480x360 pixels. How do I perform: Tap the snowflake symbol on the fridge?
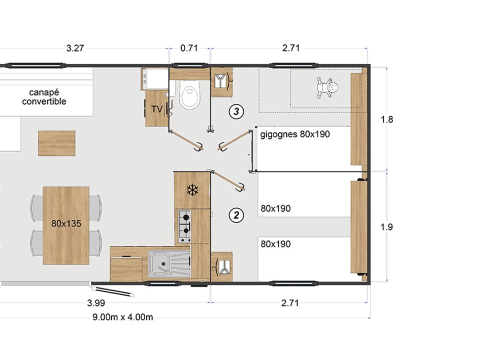click(x=192, y=190)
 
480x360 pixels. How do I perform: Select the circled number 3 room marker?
click(x=236, y=111)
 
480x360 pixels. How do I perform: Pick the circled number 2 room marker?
click(x=236, y=215)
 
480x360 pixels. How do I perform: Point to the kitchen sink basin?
click(x=159, y=264)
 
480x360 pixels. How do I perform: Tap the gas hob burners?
click(x=184, y=226)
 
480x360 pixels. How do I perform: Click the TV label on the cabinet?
click(x=157, y=109)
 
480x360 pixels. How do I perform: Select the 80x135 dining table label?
click(x=66, y=223)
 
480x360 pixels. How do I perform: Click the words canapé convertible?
click(x=44, y=96)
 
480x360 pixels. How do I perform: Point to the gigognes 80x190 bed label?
click(x=295, y=134)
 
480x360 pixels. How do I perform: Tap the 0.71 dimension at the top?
click(x=189, y=48)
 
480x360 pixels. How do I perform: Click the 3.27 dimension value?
click(x=75, y=48)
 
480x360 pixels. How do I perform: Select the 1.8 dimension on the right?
click(x=386, y=119)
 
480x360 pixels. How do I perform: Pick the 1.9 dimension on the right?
click(x=386, y=227)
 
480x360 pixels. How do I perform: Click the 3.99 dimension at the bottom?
click(x=96, y=303)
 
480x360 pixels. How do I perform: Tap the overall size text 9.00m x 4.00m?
click(x=123, y=317)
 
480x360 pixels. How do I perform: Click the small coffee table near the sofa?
click(x=56, y=143)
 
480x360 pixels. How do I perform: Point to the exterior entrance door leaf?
click(x=112, y=291)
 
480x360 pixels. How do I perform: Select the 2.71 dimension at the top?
click(x=291, y=48)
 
